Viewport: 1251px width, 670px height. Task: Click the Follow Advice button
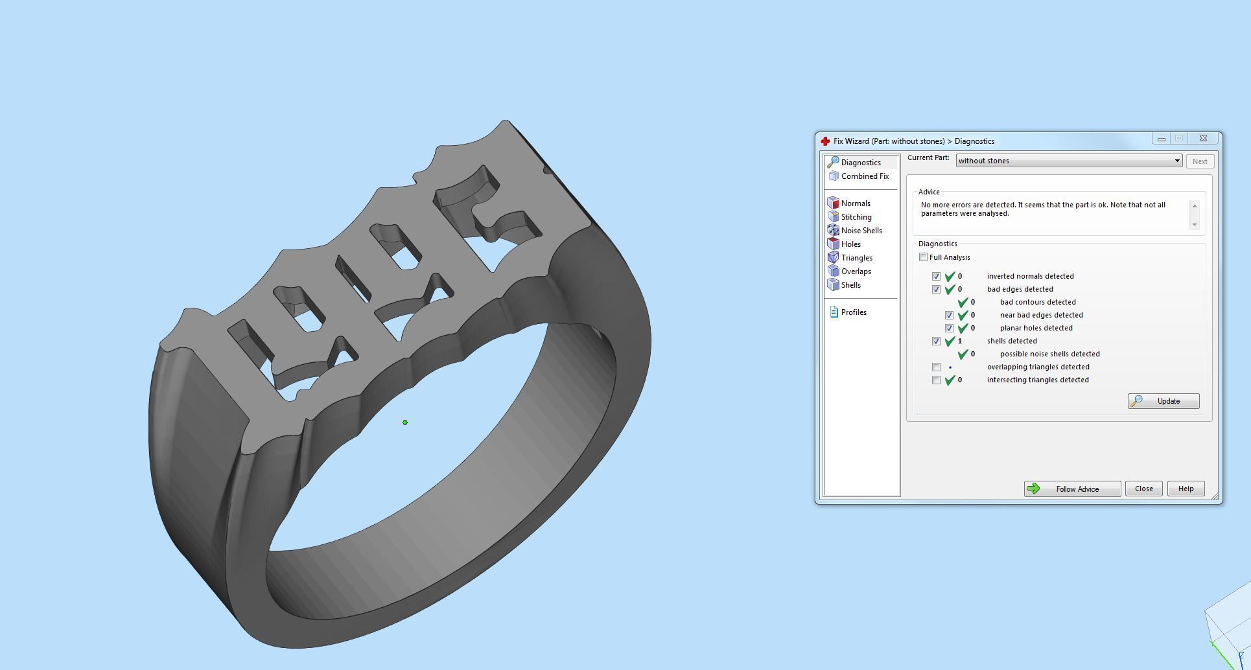(x=1072, y=489)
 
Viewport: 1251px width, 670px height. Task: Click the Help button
(x=1186, y=489)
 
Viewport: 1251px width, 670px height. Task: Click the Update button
(x=1163, y=401)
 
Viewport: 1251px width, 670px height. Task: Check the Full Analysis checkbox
(x=924, y=257)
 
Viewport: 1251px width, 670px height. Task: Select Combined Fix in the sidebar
(x=864, y=176)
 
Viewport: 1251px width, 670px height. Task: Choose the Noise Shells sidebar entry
(x=861, y=231)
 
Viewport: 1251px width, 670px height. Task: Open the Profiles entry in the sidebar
(x=853, y=312)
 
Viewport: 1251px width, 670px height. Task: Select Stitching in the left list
(x=856, y=217)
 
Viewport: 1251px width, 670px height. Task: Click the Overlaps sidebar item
(x=856, y=271)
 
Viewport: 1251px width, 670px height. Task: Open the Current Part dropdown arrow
(x=1177, y=161)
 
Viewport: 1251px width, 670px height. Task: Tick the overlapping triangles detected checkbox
(x=936, y=367)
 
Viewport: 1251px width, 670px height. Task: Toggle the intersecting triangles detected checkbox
(x=936, y=380)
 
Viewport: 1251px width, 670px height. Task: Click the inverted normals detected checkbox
(x=936, y=276)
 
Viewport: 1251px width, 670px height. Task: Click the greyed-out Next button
(x=1199, y=161)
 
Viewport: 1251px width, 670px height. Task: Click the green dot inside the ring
(x=405, y=422)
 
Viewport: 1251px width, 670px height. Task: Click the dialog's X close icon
(x=1203, y=139)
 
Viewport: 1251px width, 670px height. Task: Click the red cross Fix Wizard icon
(x=825, y=141)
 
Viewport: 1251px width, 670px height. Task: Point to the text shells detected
(x=1012, y=341)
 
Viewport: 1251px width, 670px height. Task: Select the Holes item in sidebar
(x=850, y=244)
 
